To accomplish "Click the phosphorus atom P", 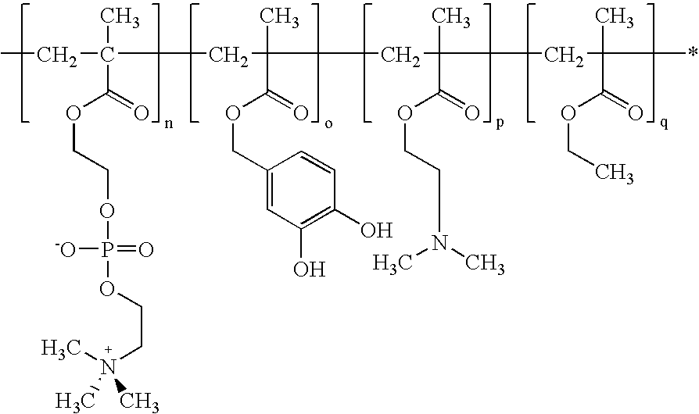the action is point(107,250).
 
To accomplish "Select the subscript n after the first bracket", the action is point(169,124).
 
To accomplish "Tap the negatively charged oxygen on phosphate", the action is point(67,250).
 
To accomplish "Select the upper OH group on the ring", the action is point(377,230).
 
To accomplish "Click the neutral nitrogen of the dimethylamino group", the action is point(440,243).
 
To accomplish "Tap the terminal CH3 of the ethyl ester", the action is point(615,173).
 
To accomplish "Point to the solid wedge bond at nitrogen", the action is point(119,384).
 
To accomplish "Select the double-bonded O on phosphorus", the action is point(145,250).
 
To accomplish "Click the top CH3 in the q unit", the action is point(615,18).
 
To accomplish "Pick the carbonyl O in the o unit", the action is point(300,113).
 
